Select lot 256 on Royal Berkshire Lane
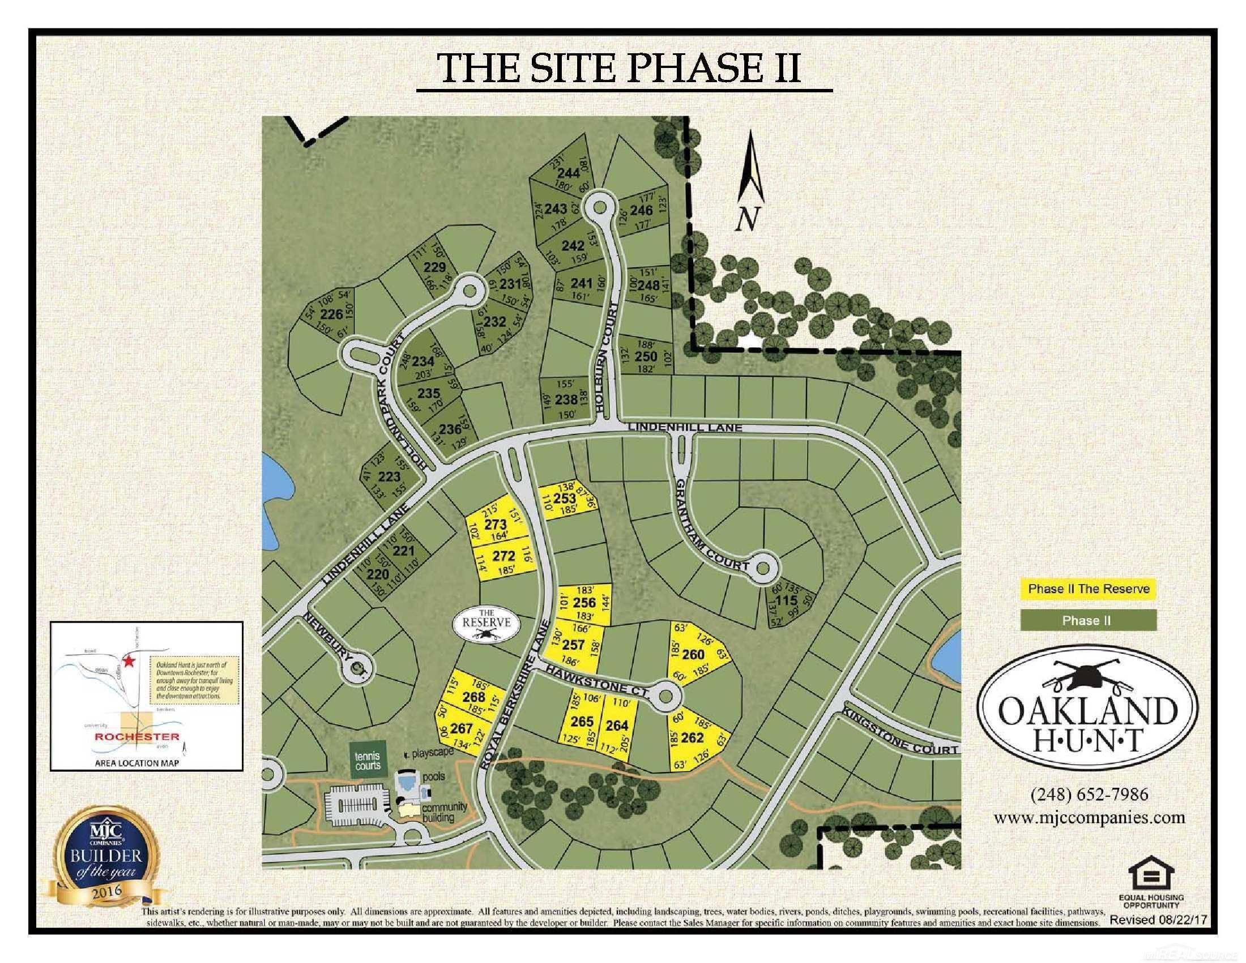583,603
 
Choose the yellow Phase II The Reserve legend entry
1089,589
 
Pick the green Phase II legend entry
1087,620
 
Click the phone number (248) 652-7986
1088,795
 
